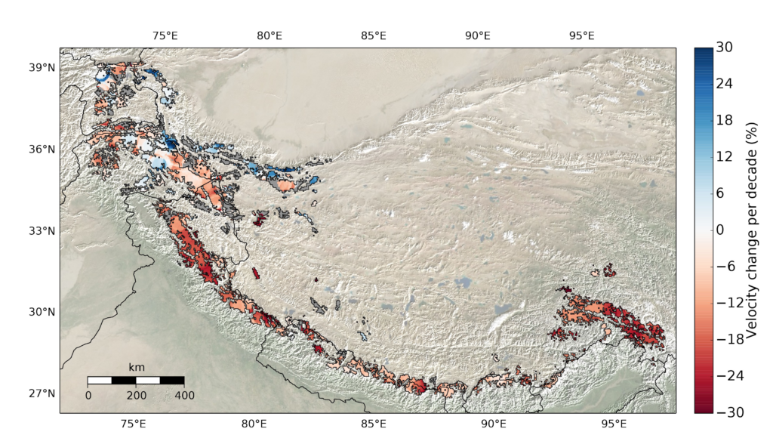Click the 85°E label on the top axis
(x=374, y=35)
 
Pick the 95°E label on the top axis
(x=582, y=35)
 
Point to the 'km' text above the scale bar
(x=136, y=367)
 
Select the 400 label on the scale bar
(x=184, y=395)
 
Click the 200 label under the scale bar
(x=136, y=395)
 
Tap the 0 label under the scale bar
(x=88, y=395)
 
